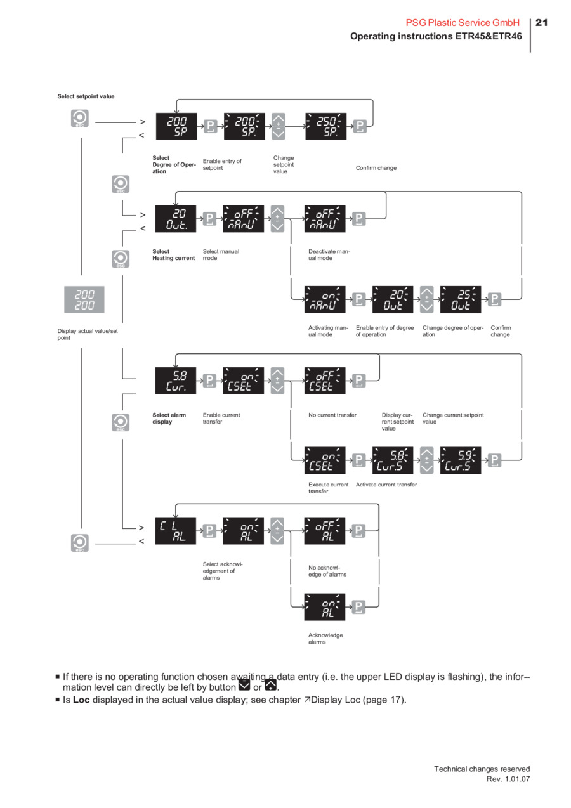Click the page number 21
(541, 23)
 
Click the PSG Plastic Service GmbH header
(463, 23)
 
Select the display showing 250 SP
(325, 126)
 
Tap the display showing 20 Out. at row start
(176, 218)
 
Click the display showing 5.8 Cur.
(176, 380)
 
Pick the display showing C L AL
(176, 531)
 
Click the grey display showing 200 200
(84, 299)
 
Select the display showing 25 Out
(461, 299)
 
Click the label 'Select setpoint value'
(86, 96)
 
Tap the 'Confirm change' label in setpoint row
(376, 168)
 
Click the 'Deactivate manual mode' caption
(329, 255)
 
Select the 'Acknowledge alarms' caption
(325, 639)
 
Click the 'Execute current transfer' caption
(329, 488)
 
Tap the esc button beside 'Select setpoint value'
(80, 119)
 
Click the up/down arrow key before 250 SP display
(278, 126)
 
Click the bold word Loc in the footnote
(81, 700)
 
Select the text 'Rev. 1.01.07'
(508, 779)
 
